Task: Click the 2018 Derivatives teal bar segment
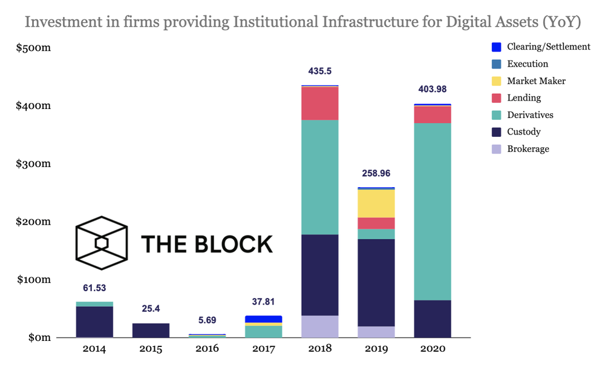(319, 177)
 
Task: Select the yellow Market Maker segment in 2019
(376, 203)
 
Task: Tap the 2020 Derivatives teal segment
(433, 211)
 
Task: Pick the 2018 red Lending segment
(319, 104)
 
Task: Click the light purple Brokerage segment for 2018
(319, 326)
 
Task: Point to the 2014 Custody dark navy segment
(94, 322)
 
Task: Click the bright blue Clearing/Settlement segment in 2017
(263, 319)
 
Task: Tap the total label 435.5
(319, 71)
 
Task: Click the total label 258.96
(376, 173)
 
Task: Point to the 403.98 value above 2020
(433, 90)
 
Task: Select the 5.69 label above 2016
(207, 319)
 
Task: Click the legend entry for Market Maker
(536, 81)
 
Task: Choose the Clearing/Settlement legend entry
(548, 47)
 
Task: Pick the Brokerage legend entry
(528, 148)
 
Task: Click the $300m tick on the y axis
(33, 164)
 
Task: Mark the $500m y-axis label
(33, 48)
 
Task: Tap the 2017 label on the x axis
(263, 349)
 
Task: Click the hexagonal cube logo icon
(101, 243)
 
